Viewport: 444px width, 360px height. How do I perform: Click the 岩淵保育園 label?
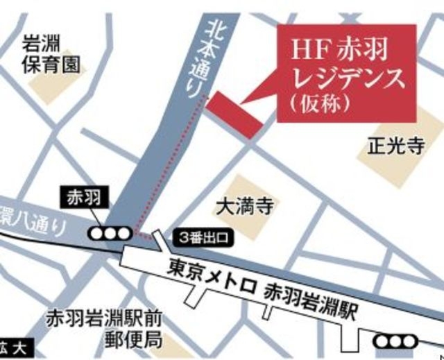51,55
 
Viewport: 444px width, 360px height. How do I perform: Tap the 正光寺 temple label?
386,146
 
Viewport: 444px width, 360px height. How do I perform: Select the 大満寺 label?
241,206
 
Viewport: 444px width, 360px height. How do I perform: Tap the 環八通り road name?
35,221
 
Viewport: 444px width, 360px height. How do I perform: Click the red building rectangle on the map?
235,111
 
